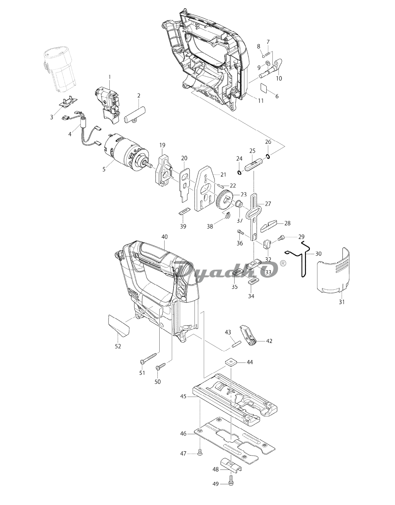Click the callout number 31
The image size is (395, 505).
(x=342, y=302)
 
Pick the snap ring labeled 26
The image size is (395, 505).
(x=268, y=156)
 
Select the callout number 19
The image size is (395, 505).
(x=162, y=145)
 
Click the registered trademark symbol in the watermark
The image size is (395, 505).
(x=283, y=263)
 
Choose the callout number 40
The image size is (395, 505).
(x=164, y=237)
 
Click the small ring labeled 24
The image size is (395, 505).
(x=239, y=172)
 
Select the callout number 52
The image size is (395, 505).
(x=118, y=353)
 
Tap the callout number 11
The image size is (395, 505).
(x=261, y=100)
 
